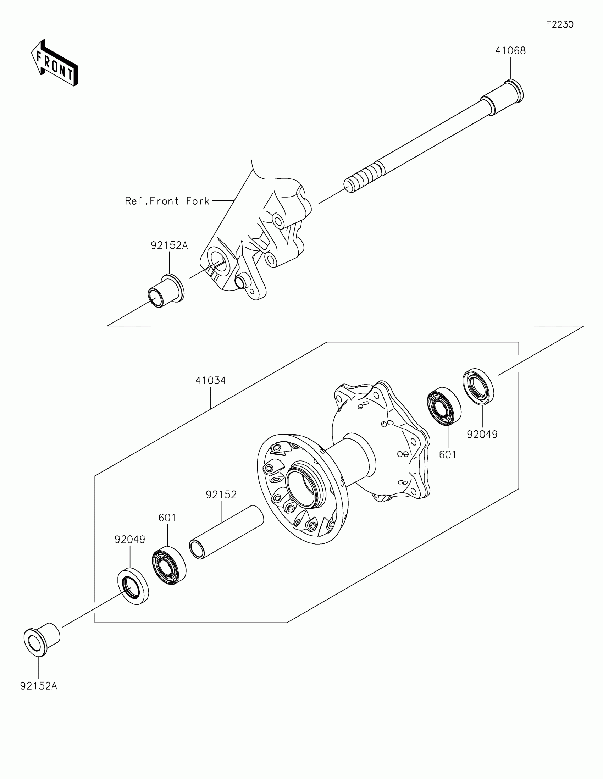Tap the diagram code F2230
(x=559, y=24)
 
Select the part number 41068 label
(x=510, y=51)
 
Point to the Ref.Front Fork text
(x=167, y=201)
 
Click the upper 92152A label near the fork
(x=169, y=245)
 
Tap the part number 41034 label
(x=210, y=381)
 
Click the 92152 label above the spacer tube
(x=221, y=495)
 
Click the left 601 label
(x=167, y=518)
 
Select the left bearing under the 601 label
(x=169, y=565)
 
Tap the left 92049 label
(x=130, y=540)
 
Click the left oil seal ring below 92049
(x=133, y=587)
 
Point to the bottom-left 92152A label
(x=39, y=686)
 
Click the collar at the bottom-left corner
(x=42, y=640)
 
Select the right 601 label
(x=448, y=454)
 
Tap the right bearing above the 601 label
(x=444, y=406)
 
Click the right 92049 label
(x=482, y=434)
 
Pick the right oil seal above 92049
(x=478, y=387)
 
